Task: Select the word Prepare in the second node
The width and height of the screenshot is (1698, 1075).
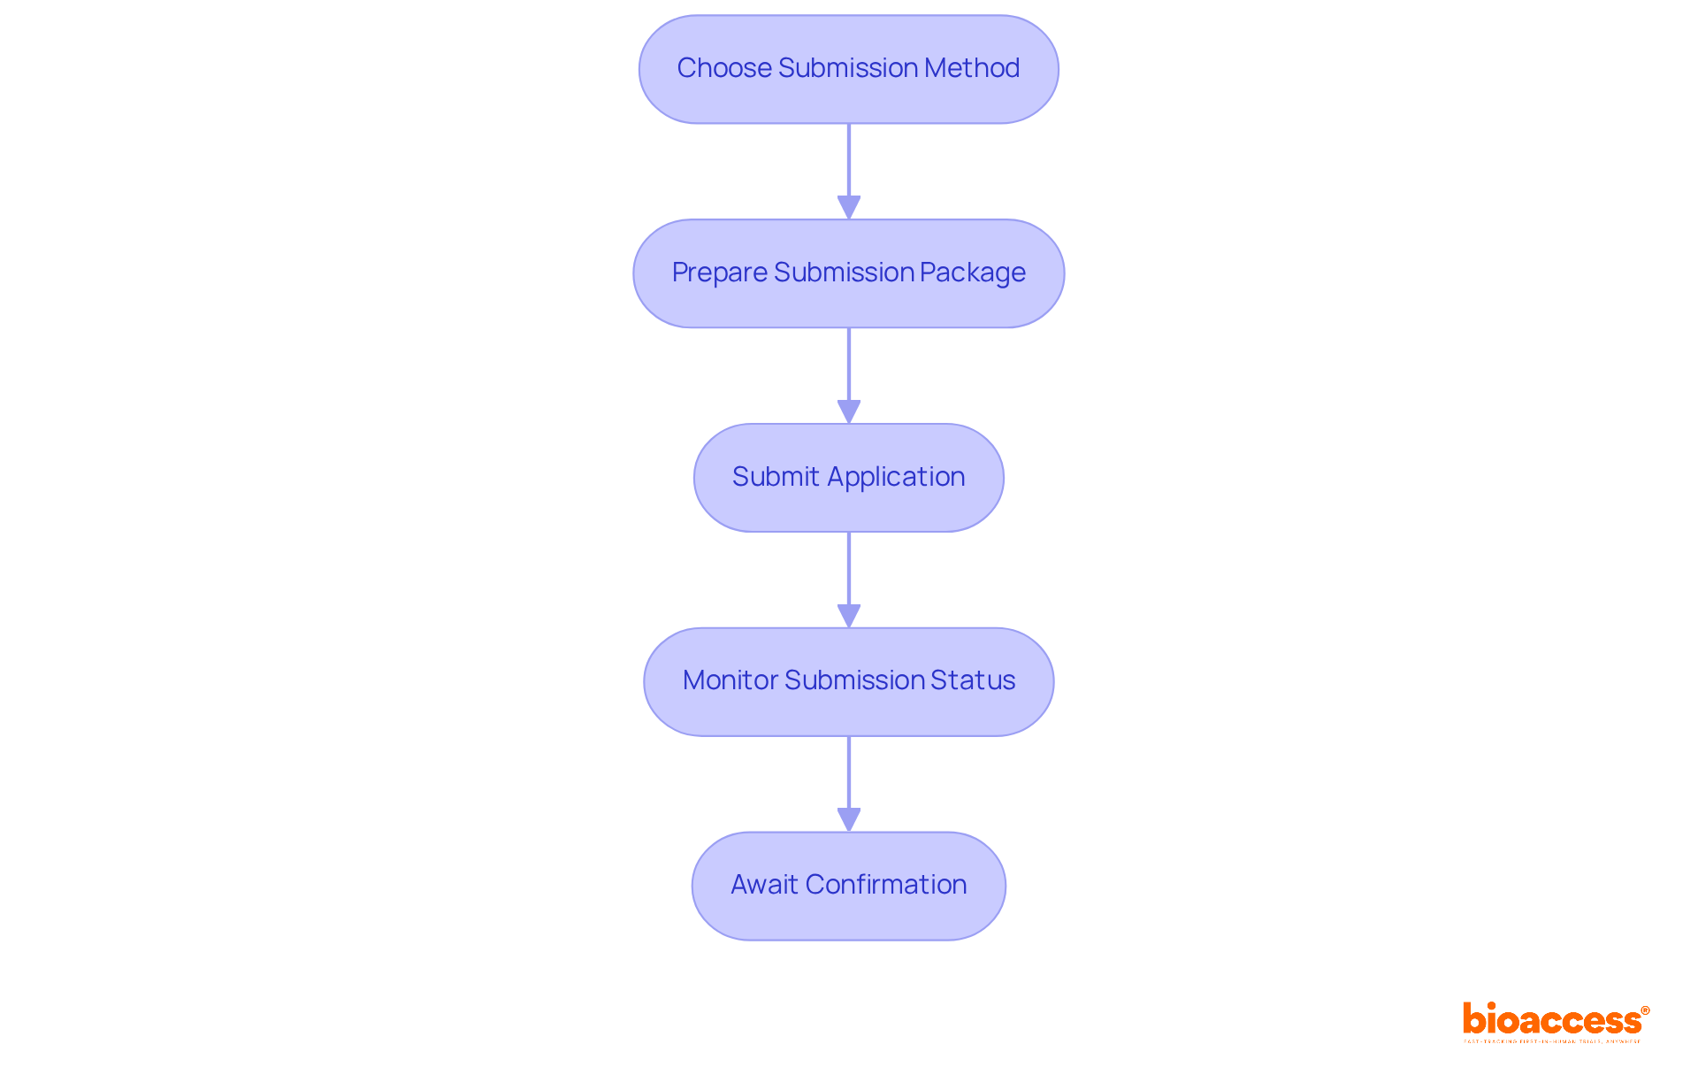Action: pyautogui.click(x=719, y=273)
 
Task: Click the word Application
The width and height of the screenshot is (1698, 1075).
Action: pyautogui.click(x=896, y=477)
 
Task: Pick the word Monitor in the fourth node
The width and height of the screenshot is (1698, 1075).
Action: pyautogui.click(x=730, y=680)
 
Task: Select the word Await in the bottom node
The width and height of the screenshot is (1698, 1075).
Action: pyautogui.click(x=764, y=885)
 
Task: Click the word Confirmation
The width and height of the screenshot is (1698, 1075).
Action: pyautogui.click(x=886, y=885)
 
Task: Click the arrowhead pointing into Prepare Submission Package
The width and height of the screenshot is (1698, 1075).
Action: pyautogui.click(x=849, y=208)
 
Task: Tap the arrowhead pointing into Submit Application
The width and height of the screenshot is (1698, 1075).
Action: pyautogui.click(x=849, y=412)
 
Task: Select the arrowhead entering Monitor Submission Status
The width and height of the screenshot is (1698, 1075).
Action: pyautogui.click(x=849, y=617)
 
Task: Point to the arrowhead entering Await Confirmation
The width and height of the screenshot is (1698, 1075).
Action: pyautogui.click(x=849, y=820)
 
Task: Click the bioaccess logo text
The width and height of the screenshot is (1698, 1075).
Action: pyautogui.click(x=1551, y=1020)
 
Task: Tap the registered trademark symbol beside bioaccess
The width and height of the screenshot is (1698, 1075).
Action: pyautogui.click(x=1645, y=1010)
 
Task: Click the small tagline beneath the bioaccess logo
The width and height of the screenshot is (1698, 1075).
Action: pyautogui.click(x=1551, y=1041)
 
